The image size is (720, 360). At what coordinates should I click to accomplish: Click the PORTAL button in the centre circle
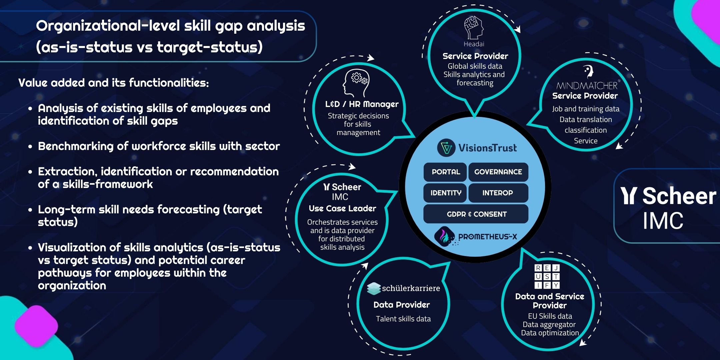[x=446, y=172]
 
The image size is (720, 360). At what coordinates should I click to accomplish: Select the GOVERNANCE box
[x=498, y=172]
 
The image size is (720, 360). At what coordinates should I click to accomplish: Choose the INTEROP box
[x=498, y=193]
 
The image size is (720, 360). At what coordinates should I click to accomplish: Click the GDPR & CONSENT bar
[x=476, y=214]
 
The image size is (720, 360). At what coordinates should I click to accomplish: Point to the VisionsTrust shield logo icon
[x=446, y=148]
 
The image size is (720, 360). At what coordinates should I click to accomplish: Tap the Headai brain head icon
[x=474, y=28]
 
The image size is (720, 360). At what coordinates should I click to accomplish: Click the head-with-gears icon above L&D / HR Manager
[x=356, y=83]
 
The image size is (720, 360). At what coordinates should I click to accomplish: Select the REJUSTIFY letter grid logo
[x=547, y=276]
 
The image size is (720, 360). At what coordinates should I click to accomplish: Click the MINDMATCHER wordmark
[x=587, y=86]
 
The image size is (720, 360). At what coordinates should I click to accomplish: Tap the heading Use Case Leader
[x=342, y=209]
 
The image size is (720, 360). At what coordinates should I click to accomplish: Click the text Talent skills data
[x=403, y=319]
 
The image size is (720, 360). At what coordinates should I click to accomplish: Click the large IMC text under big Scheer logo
[x=663, y=221]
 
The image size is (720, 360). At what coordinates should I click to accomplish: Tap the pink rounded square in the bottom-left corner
[x=36, y=326]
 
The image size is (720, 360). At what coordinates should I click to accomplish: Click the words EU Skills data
[x=550, y=316]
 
